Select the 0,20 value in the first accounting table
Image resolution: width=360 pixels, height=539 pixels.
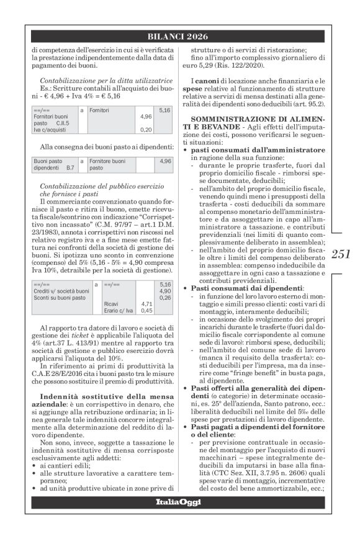(x=146, y=130)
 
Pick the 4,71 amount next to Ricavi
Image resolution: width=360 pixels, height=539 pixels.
(x=146, y=304)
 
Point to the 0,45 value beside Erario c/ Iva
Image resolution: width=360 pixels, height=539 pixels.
(x=146, y=311)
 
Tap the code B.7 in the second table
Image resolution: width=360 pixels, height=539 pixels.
(x=70, y=168)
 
